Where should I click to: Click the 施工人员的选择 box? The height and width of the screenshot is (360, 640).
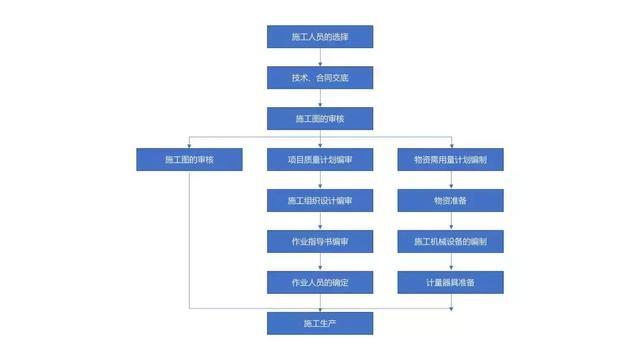point(319,37)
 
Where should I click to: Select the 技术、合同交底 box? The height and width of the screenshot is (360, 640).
point(319,78)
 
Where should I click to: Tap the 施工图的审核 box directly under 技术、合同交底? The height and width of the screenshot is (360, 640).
point(319,119)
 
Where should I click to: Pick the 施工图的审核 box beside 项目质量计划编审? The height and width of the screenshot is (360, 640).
point(189,160)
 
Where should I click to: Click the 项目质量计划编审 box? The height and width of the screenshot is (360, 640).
point(319,160)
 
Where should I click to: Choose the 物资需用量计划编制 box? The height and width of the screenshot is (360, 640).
point(450,160)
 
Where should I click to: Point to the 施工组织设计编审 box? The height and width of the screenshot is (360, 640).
point(319,201)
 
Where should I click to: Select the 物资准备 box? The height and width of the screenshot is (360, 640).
point(450,201)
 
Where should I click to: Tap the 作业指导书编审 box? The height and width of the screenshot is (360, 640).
point(319,242)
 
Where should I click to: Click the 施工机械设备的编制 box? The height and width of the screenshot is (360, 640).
point(450,242)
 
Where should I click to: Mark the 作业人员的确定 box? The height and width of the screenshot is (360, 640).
point(319,283)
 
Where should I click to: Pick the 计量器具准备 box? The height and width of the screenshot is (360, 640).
point(450,283)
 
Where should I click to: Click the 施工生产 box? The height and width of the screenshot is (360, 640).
point(319,324)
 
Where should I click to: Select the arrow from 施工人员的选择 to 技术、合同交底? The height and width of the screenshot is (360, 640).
point(319,58)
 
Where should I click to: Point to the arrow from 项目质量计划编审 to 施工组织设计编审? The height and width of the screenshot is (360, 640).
point(319,181)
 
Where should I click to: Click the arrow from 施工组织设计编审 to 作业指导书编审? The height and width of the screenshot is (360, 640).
point(319,222)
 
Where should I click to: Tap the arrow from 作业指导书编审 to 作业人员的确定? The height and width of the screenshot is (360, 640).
point(319,263)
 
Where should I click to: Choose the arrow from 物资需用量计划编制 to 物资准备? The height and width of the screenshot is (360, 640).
point(450,181)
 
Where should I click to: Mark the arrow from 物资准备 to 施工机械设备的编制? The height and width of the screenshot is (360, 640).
point(450,222)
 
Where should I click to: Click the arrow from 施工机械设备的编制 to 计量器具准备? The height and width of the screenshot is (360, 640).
point(450,263)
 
